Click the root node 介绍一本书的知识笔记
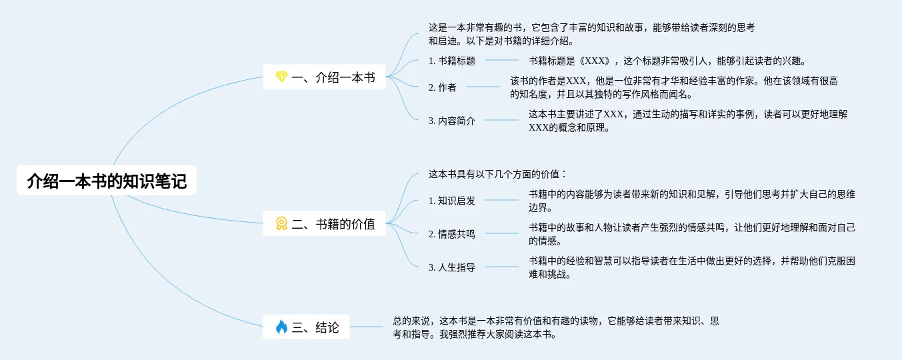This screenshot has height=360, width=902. (x=107, y=181)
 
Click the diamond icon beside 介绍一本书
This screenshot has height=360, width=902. (x=281, y=78)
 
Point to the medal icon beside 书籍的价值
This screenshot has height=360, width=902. (x=281, y=224)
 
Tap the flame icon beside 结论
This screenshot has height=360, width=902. (x=281, y=327)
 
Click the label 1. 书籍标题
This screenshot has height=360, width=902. (x=452, y=61)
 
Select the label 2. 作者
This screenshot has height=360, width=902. (x=443, y=87)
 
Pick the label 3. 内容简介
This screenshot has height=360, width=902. (x=452, y=121)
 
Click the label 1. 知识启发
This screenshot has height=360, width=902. (x=452, y=201)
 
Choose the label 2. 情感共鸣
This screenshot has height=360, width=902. (x=452, y=234)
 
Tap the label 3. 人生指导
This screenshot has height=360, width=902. (x=452, y=267)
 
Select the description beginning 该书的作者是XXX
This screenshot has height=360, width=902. (x=673, y=87)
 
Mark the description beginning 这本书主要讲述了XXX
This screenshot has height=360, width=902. (x=687, y=121)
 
